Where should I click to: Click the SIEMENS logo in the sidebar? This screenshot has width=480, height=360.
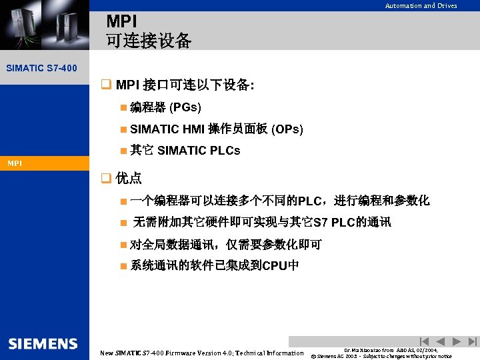[x=43, y=344]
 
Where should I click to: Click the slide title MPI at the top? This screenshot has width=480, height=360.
[x=121, y=23]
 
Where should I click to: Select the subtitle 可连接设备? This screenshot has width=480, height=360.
[x=149, y=41]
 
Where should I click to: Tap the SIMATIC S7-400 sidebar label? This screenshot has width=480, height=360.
[x=41, y=68]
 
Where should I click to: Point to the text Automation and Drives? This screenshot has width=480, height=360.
[x=421, y=6]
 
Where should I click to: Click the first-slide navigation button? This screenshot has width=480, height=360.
[x=425, y=341]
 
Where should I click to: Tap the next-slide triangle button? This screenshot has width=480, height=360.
[x=457, y=341]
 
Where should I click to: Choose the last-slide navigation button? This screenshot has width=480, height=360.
[x=473, y=341]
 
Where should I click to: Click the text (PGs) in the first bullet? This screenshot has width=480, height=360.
[x=185, y=107]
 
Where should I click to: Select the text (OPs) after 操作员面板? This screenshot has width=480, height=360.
[x=287, y=129]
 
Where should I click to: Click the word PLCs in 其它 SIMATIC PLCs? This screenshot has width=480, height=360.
[x=224, y=151]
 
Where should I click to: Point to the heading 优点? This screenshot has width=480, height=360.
[x=129, y=178]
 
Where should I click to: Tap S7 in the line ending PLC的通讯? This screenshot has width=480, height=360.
[x=321, y=222]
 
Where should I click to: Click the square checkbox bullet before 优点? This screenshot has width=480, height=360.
[x=105, y=178]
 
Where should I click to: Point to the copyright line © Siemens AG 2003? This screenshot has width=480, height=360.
[x=381, y=356]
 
